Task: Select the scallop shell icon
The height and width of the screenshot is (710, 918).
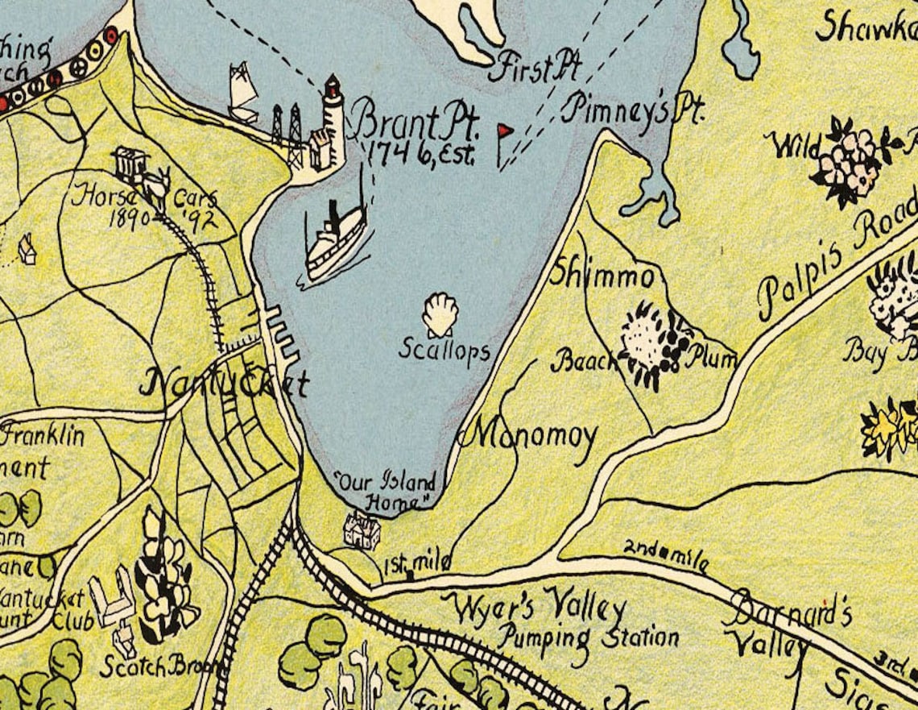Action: tap(440, 314)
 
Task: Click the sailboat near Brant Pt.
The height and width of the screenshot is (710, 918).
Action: tap(242, 93)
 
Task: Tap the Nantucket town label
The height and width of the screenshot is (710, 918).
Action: tap(224, 383)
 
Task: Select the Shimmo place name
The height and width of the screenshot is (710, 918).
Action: tap(602, 275)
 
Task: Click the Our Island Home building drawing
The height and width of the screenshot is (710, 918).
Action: tap(362, 530)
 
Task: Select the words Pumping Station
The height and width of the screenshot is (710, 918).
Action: tap(587, 637)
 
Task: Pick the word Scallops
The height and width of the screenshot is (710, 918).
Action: tap(444, 350)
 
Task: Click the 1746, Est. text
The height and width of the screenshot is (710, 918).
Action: tap(420, 152)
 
